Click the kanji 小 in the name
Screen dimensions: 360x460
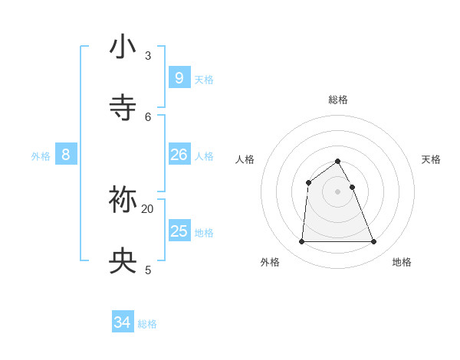[123, 47]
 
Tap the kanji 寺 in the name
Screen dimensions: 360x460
[123, 107]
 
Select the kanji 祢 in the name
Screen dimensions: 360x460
[123, 199]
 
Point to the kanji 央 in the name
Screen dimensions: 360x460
[123, 261]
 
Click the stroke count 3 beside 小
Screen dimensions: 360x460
[148, 55]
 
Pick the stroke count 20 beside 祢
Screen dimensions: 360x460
[148, 208]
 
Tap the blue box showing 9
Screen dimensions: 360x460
[179, 77]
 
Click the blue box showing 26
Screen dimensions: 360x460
[179, 154]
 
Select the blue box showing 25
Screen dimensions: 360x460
[179, 231]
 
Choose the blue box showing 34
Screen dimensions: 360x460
[123, 322]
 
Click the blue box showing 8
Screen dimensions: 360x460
[66, 154]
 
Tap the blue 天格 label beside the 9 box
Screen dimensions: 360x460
[204, 80]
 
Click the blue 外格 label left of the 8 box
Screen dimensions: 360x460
[41, 156]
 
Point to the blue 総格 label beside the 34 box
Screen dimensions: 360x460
[147, 325]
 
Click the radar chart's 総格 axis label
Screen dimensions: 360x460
[338, 100]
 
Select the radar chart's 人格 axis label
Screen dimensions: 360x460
[245, 159]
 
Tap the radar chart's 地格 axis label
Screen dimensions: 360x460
[402, 262]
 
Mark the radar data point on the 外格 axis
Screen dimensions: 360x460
[301, 242]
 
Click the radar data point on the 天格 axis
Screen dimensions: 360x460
[352, 187]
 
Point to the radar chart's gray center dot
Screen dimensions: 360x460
[338, 191]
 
